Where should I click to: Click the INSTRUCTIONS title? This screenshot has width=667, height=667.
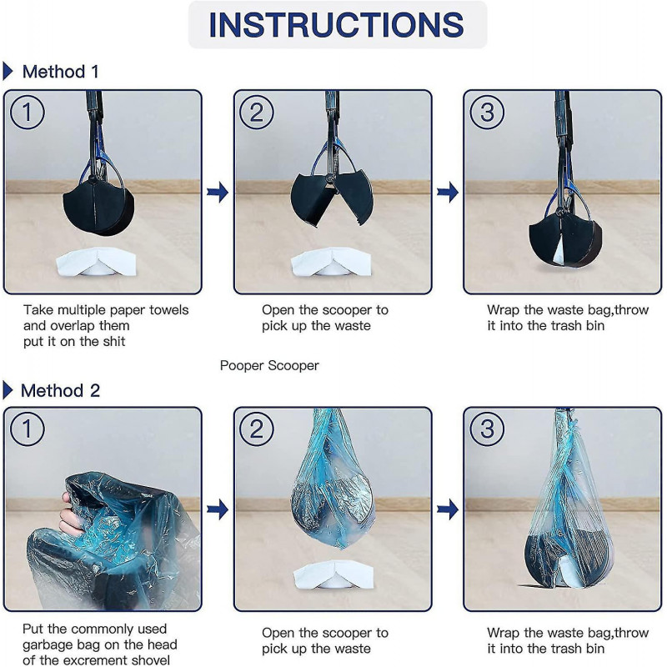pyautogui.click(x=336, y=25)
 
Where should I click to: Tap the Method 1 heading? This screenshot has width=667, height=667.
pyautogui.click(x=60, y=72)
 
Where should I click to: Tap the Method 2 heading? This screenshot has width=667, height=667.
pyautogui.click(x=60, y=390)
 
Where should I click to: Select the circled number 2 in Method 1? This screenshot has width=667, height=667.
pyautogui.click(x=257, y=112)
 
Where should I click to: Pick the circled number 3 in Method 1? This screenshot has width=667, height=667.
pyautogui.click(x=487, y=112)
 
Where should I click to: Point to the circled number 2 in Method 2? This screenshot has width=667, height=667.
pyautogui.click(x=257, y=429)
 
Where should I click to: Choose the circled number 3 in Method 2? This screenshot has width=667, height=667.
pyautogui.click(x=487, y=429)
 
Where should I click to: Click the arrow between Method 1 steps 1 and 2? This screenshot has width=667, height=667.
pyautogui.click(x=218, y=193)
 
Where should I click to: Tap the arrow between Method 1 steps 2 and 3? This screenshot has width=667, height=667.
pyautogui.click(x=448, y=193)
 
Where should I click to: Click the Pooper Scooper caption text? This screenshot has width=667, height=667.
pyautogui.click(x=269, y=365)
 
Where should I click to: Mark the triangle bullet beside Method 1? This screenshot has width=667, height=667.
pyautogui.click(x=8, y=72)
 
